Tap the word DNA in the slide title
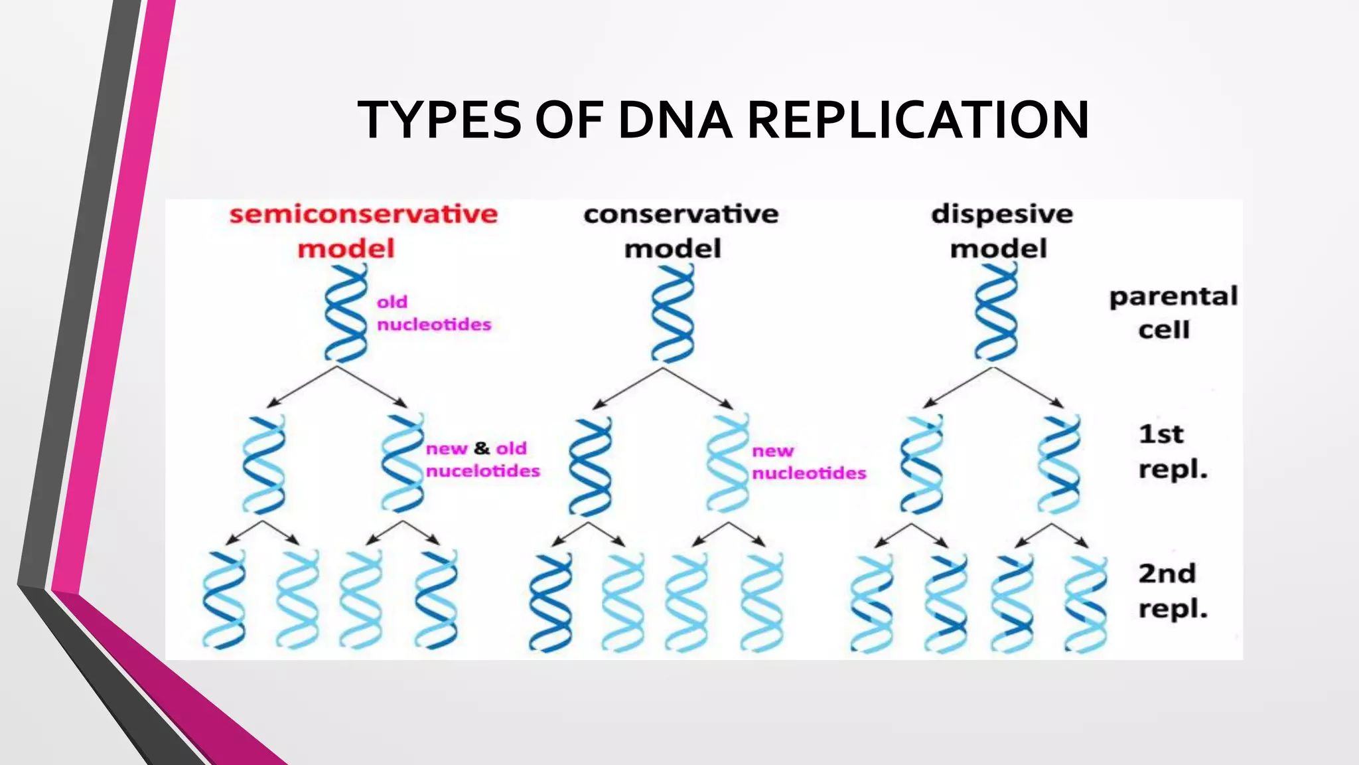tap(675, 120)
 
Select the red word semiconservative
tap(363, 214)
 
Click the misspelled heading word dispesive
tap(1001, 214)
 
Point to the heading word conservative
tap(681, 214)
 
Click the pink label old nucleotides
tap(433, 313)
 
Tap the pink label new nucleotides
tap(808, 462)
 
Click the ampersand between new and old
tap(482, 449)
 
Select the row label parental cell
tap(1173, 313)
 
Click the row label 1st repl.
tap(1172, 452)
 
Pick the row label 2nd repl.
tap(1172, 590)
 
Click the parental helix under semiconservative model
tap(346, 313)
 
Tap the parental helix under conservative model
tap(672, 313)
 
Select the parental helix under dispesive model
tap(995, 313)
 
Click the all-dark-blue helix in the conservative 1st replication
tap(590, 466)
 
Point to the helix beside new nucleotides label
tap(728, 463)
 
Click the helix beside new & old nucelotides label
tap(402, 463)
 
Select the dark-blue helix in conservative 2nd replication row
tap(550, 602)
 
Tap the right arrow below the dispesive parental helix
tap(1029, 387)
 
